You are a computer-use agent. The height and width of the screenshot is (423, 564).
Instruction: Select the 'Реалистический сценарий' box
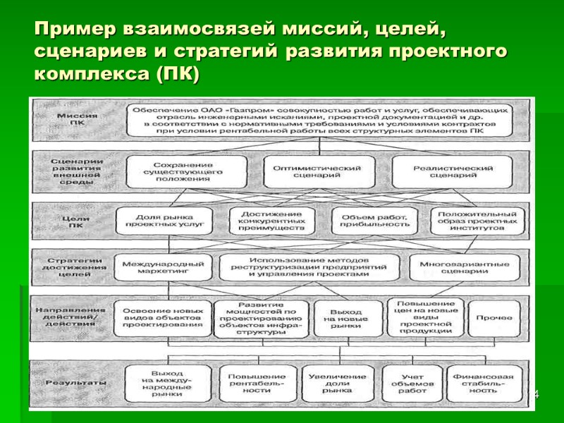(452, 172)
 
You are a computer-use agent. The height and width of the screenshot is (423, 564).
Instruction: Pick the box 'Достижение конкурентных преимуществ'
(272, 221)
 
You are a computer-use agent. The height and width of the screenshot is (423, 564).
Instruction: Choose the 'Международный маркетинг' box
(163, 266)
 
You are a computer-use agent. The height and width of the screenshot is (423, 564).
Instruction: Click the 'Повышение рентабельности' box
(257, 383)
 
